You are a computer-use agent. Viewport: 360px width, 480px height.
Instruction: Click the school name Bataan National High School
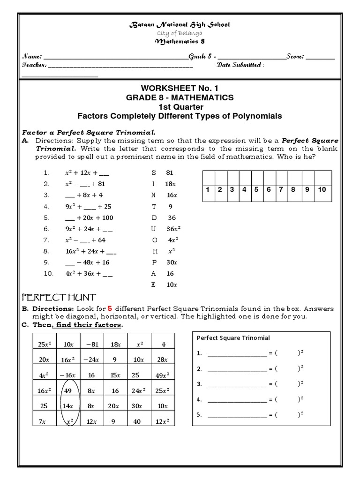click(180, 24)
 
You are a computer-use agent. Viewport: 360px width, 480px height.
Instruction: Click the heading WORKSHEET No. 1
click(180, 88)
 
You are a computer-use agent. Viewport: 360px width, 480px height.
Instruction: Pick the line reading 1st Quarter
click(180, 106)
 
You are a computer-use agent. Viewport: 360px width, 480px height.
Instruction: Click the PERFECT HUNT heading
click(59, 297)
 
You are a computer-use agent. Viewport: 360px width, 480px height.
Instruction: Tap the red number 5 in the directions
click(110, 308)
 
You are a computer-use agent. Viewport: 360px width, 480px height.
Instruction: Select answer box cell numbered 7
click(280, 190)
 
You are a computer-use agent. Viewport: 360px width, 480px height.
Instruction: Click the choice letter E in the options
click(153, 285)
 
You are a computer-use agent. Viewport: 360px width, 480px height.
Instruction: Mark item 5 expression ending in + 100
click(89, 217)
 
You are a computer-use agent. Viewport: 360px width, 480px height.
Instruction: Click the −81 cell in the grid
click(91, 345)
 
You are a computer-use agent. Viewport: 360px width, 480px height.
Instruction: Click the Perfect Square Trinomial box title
click(233, 337)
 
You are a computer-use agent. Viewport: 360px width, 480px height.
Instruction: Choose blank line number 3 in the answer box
click(237, 384)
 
